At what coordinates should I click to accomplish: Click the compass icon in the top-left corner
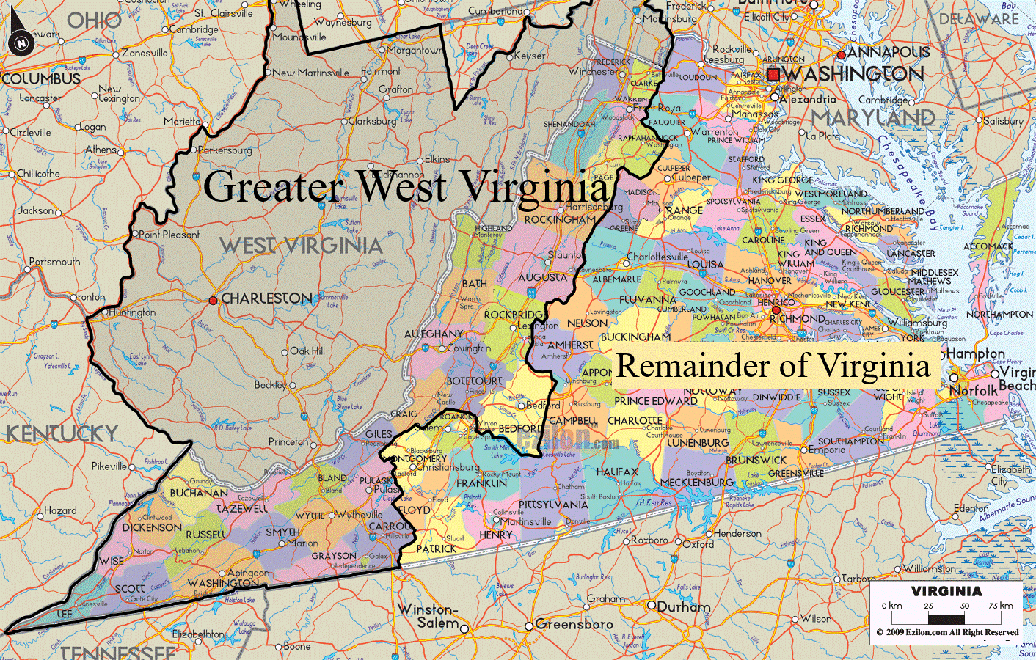click(x=21, y=43)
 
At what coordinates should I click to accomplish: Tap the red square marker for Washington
click(x=773, y=74)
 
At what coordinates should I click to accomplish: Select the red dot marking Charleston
click(x=213, y=300)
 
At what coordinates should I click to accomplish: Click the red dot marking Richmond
click(x=776, y=310)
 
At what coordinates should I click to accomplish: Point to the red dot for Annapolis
click(x=841, y=55)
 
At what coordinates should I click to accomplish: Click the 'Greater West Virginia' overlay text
click(x=406, y=186)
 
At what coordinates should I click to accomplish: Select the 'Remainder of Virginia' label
click(x=773, y=365)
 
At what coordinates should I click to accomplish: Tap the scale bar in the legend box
click(x=946, y=617)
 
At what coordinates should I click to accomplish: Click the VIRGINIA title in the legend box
click(x=946, y=591)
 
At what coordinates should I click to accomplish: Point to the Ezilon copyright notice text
click(x=947, y=632)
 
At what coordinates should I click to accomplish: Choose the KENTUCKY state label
click(x=62, y=434)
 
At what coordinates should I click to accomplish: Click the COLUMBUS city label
click(x=41, y=78)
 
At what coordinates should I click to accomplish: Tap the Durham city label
click(x=683, y=607)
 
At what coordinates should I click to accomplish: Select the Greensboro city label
click(x=574, y=625)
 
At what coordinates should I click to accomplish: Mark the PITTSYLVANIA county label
click(x=553, y=505)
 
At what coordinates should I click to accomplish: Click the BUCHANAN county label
click(x=199, y=493)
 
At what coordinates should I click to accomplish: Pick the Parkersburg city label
click(x=225, y=150)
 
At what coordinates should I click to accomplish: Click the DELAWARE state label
click(x=979, y=19)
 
